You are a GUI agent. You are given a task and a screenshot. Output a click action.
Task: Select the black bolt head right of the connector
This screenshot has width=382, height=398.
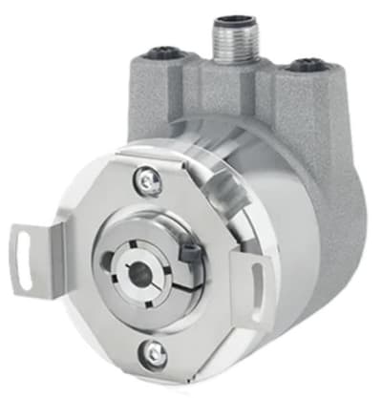[308, 65]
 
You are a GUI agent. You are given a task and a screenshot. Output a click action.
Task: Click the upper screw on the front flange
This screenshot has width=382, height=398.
[145, 178]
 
